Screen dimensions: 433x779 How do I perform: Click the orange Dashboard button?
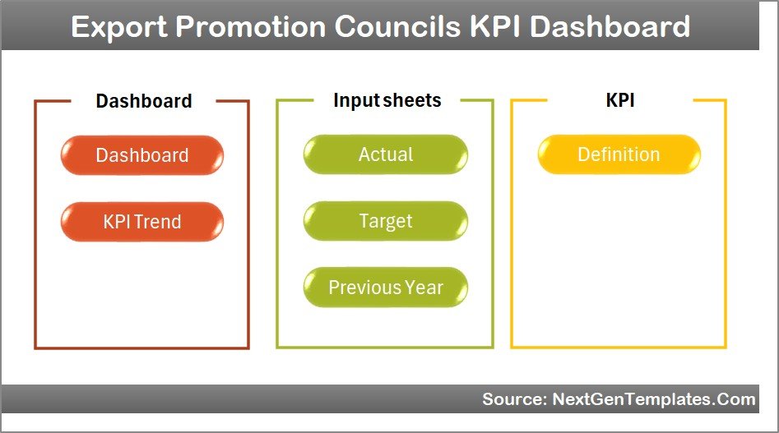141,155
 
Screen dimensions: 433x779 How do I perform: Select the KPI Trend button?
141,222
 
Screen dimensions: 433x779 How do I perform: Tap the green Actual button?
385,154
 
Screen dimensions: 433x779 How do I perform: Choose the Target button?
385,221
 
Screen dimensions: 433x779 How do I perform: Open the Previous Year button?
385,288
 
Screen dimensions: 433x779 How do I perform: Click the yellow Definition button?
619,154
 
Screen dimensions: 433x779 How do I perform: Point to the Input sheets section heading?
387,100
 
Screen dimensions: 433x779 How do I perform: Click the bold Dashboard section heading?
144,101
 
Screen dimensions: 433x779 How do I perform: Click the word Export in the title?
118,27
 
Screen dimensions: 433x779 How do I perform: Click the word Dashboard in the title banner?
610,27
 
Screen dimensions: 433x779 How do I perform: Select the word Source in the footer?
509,399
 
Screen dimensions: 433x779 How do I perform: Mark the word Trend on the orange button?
159,222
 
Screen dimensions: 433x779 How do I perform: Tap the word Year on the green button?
424,288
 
